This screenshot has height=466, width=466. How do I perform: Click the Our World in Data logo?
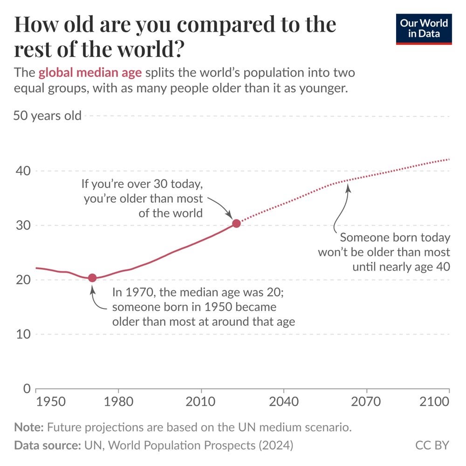(424, 29)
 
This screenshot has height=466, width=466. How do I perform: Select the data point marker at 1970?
(92, 278)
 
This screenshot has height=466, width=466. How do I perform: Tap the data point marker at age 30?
(236, 223)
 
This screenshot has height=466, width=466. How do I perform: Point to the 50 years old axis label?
(47, 116)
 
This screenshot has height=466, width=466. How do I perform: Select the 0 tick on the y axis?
(27, 389)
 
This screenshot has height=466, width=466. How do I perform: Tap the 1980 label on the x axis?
(118, 402)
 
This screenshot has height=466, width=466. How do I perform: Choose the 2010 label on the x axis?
(201, 402)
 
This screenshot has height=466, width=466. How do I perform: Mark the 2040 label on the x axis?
(283, 402)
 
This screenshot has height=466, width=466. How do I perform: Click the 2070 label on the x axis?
(366, 402)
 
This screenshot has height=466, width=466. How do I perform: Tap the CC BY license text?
(432, 445)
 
